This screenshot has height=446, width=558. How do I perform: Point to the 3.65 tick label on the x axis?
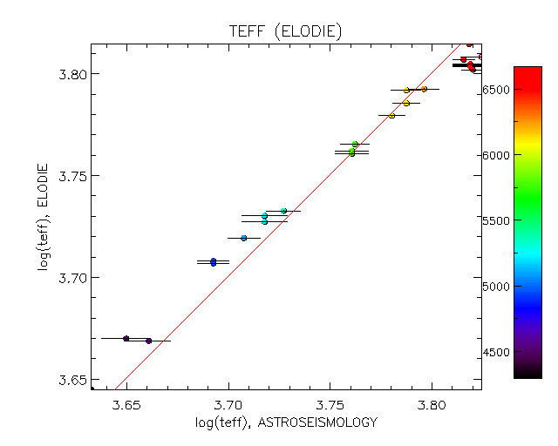coord(127,405)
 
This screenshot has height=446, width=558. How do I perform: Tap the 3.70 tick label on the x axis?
coord(228,405)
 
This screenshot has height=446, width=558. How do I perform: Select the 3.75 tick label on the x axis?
coord(330,405)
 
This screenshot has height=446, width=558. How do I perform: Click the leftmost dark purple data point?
coord(126,338)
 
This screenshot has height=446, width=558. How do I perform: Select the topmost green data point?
coord(355,144)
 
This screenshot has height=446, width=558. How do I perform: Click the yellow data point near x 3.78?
coord(391,115)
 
